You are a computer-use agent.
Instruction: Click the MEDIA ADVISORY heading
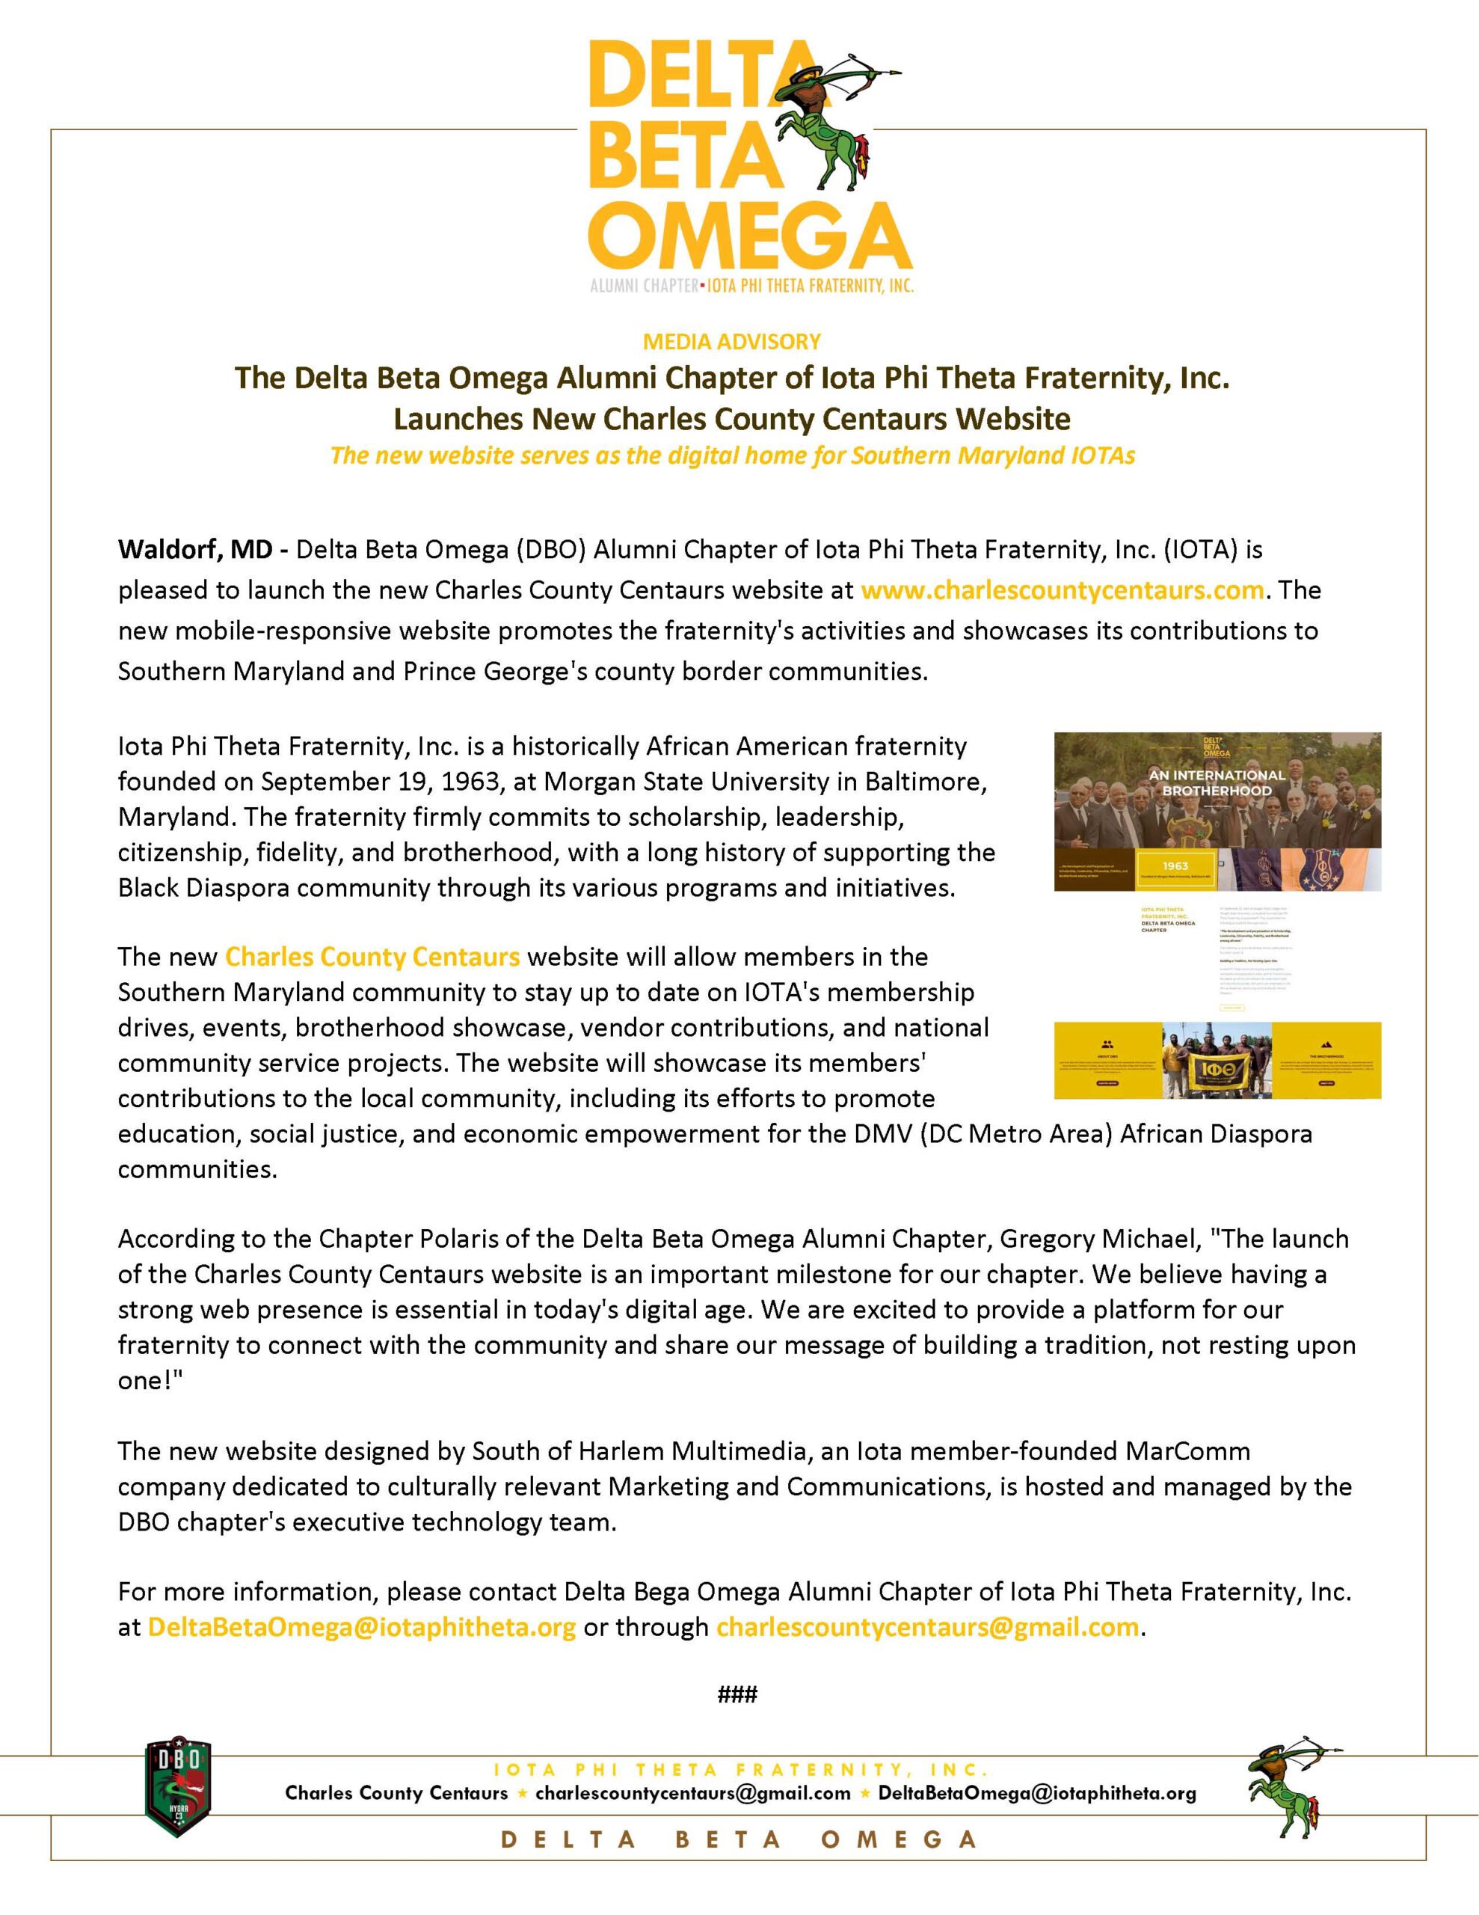coord(732,341)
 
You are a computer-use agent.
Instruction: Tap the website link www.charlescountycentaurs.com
coord(1062,590)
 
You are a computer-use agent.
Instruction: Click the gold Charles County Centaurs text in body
coord(372,956)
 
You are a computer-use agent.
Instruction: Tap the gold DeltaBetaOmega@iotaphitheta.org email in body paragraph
coord(362,1626)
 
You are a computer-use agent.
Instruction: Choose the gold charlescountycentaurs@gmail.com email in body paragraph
coord(928,1626)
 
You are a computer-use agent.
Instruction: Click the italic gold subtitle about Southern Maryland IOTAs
coord(732,456)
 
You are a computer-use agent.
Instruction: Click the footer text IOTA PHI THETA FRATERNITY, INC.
coord(741,1769)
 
